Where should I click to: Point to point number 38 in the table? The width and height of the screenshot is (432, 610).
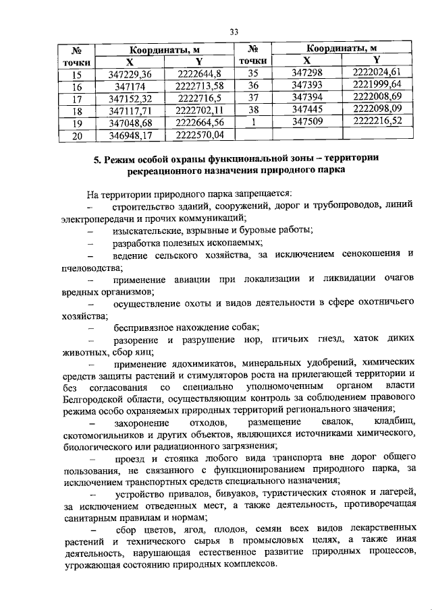[254, 111]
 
